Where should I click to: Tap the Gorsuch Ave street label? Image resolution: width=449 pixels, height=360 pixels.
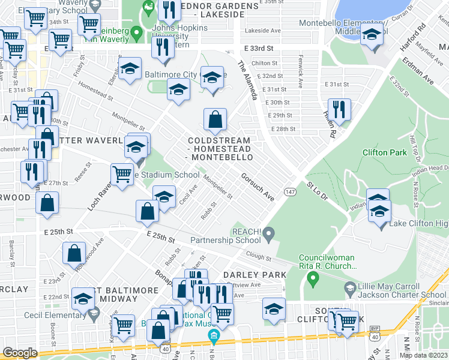(x=258, y=187)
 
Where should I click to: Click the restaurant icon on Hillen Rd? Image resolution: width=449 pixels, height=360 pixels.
(x=339, y=110)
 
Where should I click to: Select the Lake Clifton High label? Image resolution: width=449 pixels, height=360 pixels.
(x=418, y=224)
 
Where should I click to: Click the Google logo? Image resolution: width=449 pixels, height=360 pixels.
(x=20, y=353)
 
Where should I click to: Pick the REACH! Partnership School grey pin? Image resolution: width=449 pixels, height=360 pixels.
(x=269, y=232)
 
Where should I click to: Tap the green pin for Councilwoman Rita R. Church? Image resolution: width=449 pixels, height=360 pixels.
(x=312, y=278)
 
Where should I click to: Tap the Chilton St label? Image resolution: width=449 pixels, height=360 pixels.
(x=264, y=63)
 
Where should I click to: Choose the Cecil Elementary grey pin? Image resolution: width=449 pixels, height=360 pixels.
(x=93, y=312)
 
